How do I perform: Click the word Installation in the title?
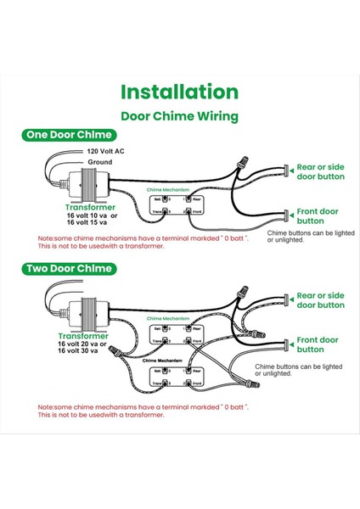179,92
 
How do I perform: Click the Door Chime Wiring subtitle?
179,115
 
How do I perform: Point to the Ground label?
100,160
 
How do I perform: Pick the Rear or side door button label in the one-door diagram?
320,172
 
